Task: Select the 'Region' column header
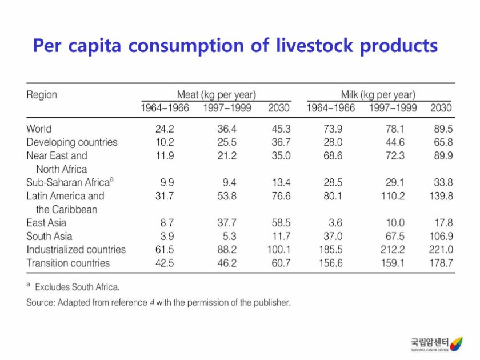pos(42,94)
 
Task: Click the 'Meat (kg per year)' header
pos(216,94)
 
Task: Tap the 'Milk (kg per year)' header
pos(378,94)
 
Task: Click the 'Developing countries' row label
pos(71,142)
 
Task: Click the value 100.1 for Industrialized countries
pos(278,250)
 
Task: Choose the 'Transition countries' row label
pos(68,263)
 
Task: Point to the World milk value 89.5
pos(443,129)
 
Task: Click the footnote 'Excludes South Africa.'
pos(77,287)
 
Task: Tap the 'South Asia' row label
pos(49,237)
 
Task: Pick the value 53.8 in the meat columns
pos(227,196)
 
